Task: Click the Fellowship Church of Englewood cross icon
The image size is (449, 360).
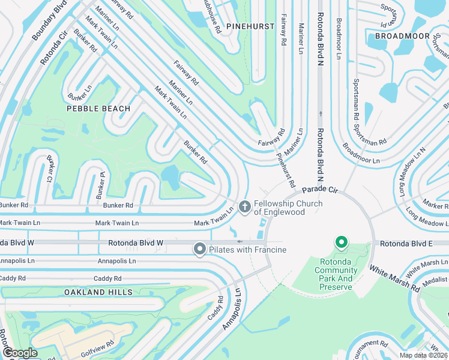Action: point(244,207)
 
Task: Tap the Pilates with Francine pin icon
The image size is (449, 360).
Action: point(200,249)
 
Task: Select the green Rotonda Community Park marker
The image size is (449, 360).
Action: point(342,243)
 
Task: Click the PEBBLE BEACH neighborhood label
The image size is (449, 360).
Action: point(98,109)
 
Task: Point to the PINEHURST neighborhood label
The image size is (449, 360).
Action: point(250,26)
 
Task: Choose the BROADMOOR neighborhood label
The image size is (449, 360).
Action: point(398,36)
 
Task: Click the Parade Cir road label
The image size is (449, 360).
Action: point(324,190)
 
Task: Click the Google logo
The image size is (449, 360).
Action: point(20,353)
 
